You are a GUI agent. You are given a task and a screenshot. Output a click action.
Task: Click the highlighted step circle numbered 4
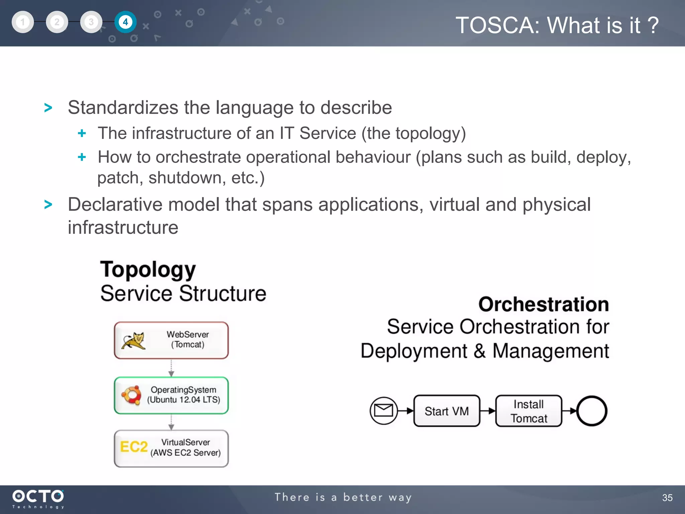[x=125, y=22]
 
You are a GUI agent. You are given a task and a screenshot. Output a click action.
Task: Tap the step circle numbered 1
[x=23, y=22]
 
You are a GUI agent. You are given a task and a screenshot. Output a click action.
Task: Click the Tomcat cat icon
[x=133, y=341]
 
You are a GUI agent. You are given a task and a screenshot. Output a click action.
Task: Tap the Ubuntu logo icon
[x=131, y=395]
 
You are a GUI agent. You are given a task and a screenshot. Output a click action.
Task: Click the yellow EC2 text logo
[x=133, y=447]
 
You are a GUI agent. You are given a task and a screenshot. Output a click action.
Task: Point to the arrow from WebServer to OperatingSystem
[x=171, y=368]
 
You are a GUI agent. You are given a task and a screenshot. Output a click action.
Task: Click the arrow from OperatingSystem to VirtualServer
[x=171, y=422]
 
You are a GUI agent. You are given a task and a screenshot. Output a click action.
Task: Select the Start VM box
[x=447, y=411]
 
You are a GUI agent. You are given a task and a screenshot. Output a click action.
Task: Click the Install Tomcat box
[x=528, y=411]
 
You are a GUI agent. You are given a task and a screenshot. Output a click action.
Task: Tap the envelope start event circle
[x=383, y=411]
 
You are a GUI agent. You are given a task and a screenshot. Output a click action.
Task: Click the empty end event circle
[x=591, y=411]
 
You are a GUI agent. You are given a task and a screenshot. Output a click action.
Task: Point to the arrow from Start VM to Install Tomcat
[x=488, y=411]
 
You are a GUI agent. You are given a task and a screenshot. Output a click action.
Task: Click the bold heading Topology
[x=148, y=269]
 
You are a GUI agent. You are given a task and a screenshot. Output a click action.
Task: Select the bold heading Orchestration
[x=543, y=304]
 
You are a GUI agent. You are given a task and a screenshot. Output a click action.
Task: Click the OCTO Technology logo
[x=38, y=499]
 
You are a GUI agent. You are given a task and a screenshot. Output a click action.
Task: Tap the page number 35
[x=667, y=498]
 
